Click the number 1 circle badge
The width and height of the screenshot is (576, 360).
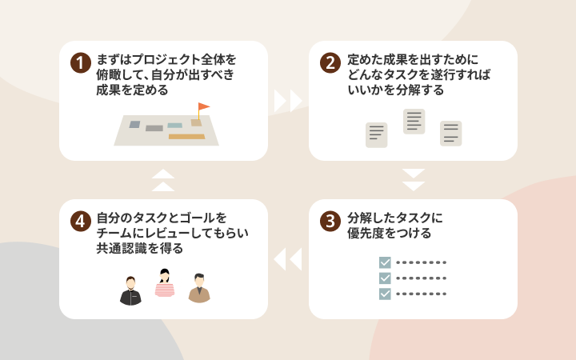pyautogui.click(x=81, y=63)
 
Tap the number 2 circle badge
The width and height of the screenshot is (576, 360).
pyautogui.click(x=330, y=63)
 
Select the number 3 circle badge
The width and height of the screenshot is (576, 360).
pyautogui.click(x=330, y=221)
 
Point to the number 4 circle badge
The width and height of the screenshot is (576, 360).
pyautogui.click(x=81, y=221)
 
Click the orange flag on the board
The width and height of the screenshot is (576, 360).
pyautogui.click(x=203, y=107)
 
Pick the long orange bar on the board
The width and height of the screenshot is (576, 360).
pyautogui.click(x=186, y=137)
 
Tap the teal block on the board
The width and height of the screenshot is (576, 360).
pyautogui.click(x=175, y=126)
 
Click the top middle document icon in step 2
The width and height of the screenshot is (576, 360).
pyautogui.click(x=414, y=122)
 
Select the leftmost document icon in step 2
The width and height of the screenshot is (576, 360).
pyautogui.click(x=377, y=135)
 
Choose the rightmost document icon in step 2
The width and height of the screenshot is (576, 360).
pyautogui.click(x=450, y=134)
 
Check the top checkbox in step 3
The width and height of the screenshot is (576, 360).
pyautogui.click(x=385, y=262)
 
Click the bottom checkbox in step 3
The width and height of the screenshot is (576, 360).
pyautogui.click(x=385, y=294)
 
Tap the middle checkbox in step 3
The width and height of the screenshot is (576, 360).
pyautogui.click(x=385, y=278)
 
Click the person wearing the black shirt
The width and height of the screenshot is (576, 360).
pyautogui.click(x=130, y=291)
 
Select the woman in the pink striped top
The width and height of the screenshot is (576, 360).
pyautogui.click(x=165, y=283)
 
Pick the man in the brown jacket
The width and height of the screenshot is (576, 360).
pyautogui.click(x=199, y=288)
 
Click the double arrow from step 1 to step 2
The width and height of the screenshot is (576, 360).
pyautogui.click(x=288, y=101)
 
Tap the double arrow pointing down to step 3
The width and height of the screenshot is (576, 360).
pyautogui.click(x=414, y=180)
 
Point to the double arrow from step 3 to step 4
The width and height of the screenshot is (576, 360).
pyautogui.click(x=288, y=259)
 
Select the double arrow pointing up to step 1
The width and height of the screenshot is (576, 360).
pyautogui.click(x=163, y=180)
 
